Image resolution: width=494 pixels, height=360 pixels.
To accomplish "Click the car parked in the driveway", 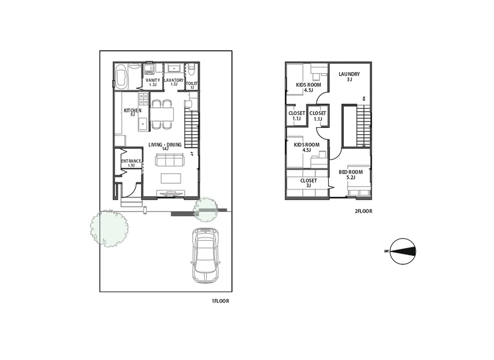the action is pos(205,255).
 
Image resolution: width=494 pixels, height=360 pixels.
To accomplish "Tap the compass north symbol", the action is pos(403,251).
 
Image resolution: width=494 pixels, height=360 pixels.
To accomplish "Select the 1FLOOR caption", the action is pos(220,301).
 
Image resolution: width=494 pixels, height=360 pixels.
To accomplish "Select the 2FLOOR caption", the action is pos(363,211).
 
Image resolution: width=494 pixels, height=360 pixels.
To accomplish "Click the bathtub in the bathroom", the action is pos(121,77).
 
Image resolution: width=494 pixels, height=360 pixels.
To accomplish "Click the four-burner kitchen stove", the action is pos(144,99).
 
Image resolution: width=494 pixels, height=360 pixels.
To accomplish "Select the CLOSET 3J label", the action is pos(308,183).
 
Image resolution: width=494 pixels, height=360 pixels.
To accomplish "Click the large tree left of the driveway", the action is pos(109,228).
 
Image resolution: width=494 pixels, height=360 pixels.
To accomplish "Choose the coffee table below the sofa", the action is pos(171,178).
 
